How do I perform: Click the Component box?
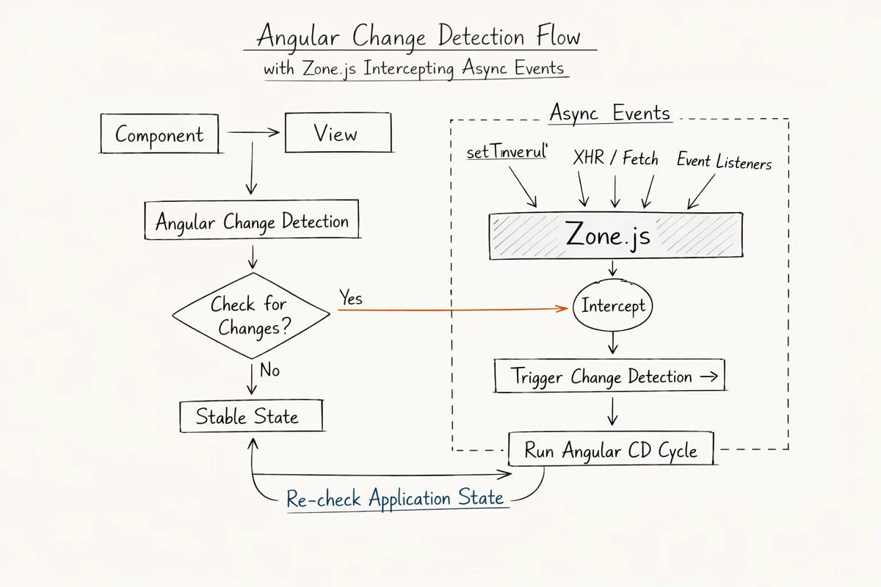click(x=159, y=134)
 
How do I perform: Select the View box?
click(x=338, y=134)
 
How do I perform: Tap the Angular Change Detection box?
click(x=252, y=221)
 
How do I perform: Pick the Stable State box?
click(x=250, y=417)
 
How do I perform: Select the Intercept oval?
click(x=612, y=305)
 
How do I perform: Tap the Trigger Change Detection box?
click(x=609, y=377)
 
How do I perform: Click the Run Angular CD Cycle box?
click(x=611, y=450)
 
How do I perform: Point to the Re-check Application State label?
click(x=395, y=499)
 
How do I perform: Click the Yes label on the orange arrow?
click(x=351, y=299)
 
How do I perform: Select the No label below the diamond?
click(x=269, y=371)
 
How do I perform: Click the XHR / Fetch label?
click(x=615, y=158)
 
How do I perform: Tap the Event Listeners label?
click(x=724, y=161)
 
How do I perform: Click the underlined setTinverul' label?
click(x=507, y=153)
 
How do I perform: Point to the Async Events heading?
click(x=609, y=114)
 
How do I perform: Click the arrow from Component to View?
click(x=253, y=133)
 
